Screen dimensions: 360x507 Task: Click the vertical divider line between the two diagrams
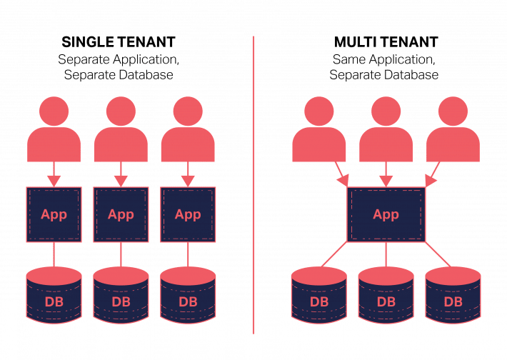point(254,186)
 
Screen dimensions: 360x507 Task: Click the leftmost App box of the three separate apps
point(54,214)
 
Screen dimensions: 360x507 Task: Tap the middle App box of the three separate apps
point(121,214)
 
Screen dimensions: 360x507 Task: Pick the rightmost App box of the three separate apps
point(188,214)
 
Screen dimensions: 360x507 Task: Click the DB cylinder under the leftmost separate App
point(54,296)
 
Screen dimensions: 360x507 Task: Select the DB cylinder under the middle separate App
point(121,296)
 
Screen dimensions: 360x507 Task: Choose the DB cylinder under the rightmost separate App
point(188,296)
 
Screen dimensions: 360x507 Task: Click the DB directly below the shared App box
point(386,296)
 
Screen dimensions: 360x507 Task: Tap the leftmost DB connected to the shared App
point(319,296)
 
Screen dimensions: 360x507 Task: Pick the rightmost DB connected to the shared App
point(453,296)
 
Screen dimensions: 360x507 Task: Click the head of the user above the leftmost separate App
point(54,111)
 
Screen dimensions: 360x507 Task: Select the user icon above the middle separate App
point(121,132)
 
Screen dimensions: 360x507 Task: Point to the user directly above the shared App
point(386,132)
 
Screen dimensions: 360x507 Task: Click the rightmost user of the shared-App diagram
point(453,132)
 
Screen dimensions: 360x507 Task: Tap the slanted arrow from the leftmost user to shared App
point(341,172)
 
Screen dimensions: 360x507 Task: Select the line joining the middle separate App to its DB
point(121,254)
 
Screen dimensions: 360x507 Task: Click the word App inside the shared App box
point(386,214)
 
